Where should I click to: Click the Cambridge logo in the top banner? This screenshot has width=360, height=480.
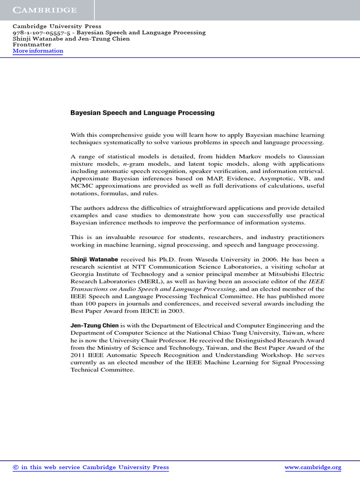click(x=45, y=10)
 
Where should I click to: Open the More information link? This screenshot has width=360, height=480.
click(x=37, y=51)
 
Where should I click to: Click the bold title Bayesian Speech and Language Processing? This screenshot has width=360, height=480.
click(x=142, y=113)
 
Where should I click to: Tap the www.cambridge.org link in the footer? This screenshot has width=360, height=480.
click(x=313, y=467)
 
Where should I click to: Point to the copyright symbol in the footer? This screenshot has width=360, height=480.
click(x=15, y=467)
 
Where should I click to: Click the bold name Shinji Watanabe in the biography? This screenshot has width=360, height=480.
click(x=95, y=259)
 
